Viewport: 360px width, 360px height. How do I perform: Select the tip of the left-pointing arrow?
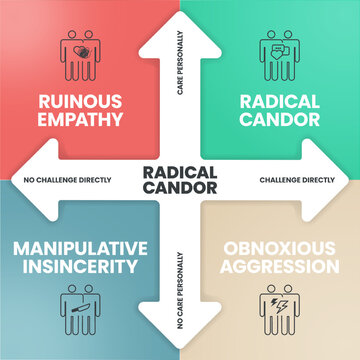[5, 180]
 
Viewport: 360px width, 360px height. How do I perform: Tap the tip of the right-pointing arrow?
[354, 180]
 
